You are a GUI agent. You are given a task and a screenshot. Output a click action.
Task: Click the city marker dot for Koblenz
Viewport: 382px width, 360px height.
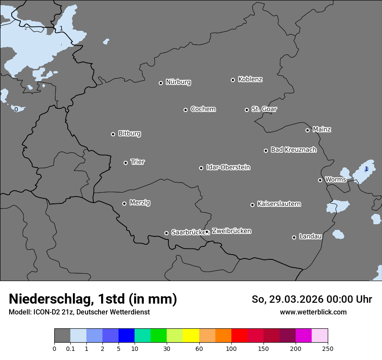[233, 80]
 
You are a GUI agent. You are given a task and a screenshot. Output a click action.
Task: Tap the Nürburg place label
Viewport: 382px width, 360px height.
[178, 82]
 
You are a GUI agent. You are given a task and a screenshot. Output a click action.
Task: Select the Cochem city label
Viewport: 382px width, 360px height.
[203, 109]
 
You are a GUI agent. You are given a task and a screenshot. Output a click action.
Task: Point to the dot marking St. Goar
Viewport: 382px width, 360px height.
[247, 110]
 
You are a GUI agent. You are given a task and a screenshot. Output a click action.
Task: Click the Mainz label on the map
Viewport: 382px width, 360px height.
[322, 129]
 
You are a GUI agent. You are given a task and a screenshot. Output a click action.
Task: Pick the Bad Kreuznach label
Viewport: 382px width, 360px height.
[293, 150]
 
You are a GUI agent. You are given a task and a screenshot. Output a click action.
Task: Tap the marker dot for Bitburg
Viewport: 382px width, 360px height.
[113, 134]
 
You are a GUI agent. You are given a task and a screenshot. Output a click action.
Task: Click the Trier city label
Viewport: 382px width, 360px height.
[138, 162]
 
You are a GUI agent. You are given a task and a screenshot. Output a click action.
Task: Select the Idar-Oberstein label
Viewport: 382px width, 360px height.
[228, 167]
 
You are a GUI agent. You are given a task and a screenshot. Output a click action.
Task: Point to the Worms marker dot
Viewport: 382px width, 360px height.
[320, 180]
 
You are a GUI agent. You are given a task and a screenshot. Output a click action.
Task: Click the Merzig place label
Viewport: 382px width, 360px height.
[140, 203]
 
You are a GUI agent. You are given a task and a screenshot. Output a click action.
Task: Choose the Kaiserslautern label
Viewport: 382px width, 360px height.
[279, 204]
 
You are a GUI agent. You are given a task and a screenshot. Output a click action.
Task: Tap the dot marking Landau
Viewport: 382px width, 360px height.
[294, 237]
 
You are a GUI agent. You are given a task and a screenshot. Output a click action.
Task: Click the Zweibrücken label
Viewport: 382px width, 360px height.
[231, 231]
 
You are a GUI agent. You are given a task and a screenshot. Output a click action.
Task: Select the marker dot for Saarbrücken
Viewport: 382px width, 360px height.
[166, 233]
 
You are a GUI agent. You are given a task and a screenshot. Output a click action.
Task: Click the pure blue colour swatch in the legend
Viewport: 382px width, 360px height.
[126, 336]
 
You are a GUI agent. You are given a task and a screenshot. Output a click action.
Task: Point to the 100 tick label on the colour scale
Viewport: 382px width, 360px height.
[231, 348]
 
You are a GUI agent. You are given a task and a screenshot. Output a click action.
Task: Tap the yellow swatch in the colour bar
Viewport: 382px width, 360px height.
[191, 336]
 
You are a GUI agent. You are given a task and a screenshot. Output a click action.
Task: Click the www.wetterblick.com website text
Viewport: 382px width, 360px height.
[313, 312]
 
